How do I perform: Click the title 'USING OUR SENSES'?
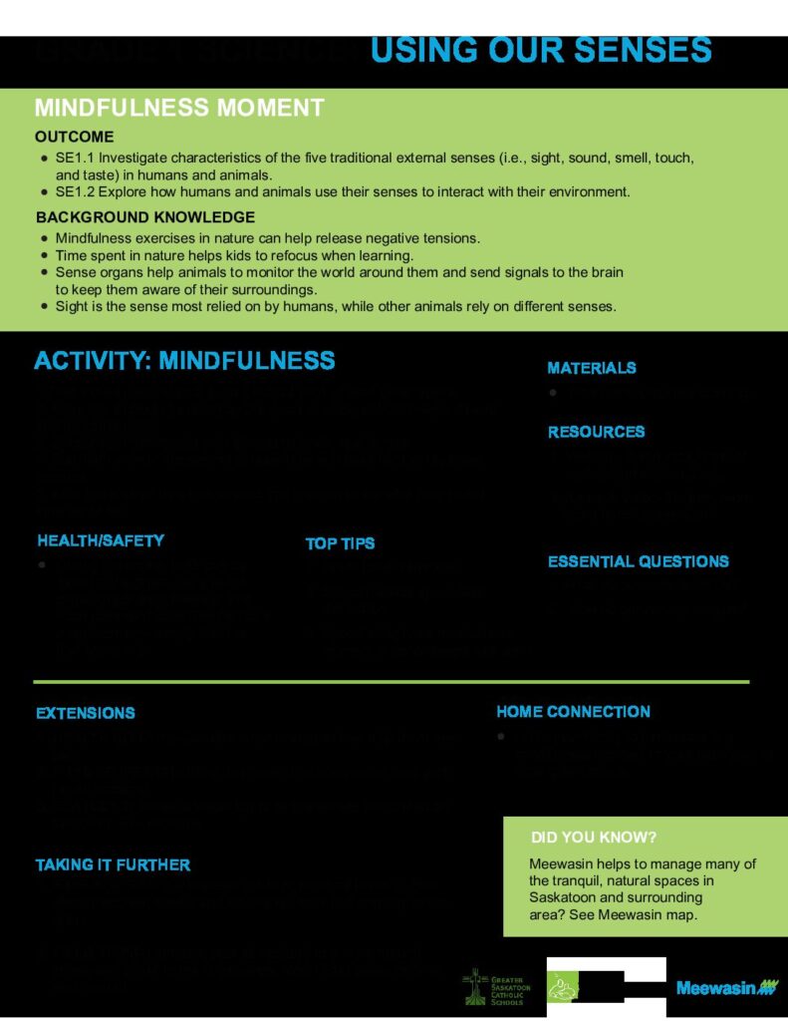click(541, 50)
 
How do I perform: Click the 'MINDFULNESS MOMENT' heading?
click(179, 108)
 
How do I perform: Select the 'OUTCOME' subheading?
click(75, 137)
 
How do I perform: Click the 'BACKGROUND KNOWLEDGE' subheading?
click(145, 217)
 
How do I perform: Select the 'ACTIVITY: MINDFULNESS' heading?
click(184, 360)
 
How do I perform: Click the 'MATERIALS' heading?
click(592, 368)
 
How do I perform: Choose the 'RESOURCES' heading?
click(596, 432)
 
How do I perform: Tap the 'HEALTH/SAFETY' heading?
click(101, 540)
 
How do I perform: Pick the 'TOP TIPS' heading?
click(340, 543)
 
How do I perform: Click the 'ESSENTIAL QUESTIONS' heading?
click(638, 561)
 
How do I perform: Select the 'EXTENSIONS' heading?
click(86, 713)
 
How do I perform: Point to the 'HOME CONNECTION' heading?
click(573, 711)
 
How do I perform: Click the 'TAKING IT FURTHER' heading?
click(113, 864)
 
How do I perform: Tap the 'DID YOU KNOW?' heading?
click(594, 837)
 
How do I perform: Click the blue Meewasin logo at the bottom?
click(726, 988)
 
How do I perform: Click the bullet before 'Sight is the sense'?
click(43, 306)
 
